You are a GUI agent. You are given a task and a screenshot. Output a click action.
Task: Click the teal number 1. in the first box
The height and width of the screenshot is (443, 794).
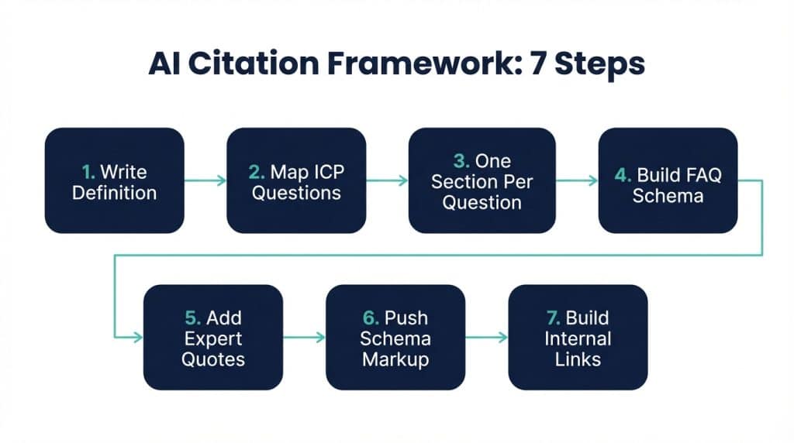[90, 171]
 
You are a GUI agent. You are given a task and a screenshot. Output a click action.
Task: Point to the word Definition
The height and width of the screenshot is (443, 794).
[114, 192]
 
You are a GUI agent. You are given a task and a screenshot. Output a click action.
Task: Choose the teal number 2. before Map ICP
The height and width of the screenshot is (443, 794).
[259, 171]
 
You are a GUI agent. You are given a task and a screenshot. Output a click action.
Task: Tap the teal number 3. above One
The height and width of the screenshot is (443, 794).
[462, 161]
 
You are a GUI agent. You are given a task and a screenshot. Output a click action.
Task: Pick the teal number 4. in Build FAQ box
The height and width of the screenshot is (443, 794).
[623, 174]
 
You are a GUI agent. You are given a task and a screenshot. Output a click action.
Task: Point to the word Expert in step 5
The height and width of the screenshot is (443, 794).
[213, 338]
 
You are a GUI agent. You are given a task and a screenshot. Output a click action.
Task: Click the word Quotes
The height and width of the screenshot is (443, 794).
[213, 359]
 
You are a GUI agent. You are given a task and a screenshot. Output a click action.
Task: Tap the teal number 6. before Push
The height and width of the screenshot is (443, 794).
[371, 318]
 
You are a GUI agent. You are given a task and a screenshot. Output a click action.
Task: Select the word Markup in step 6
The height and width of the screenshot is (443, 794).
[395, 359]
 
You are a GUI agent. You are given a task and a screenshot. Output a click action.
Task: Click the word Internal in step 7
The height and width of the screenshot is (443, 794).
[578, 338]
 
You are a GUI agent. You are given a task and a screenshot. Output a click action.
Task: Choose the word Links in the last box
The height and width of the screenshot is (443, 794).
[578, 359]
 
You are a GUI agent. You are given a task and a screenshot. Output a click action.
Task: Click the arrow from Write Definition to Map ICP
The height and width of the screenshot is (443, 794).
[205, 180]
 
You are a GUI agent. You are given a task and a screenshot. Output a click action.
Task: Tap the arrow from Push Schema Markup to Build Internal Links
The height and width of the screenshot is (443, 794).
[486, 337]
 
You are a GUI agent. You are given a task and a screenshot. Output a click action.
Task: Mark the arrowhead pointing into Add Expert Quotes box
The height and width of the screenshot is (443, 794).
[139, 337]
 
